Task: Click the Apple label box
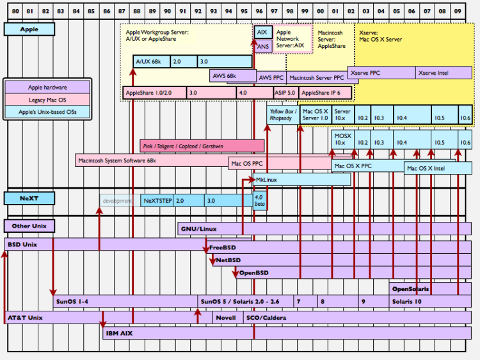(29, 29)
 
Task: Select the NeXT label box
(29, 199)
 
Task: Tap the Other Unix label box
(29, 226)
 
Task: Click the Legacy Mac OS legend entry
(48, 100)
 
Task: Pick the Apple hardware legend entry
(48, 88)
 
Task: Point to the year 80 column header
(14, 12)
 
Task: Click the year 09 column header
(458, 12)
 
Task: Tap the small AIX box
(262, 32)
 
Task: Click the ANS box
(262, 46)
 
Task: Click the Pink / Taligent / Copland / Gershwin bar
(202, 146)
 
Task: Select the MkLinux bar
(301, 180)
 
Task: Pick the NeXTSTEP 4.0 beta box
(259, 201)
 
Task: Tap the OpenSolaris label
(410, 288)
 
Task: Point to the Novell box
(225, 318)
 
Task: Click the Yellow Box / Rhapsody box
(281, 114)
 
